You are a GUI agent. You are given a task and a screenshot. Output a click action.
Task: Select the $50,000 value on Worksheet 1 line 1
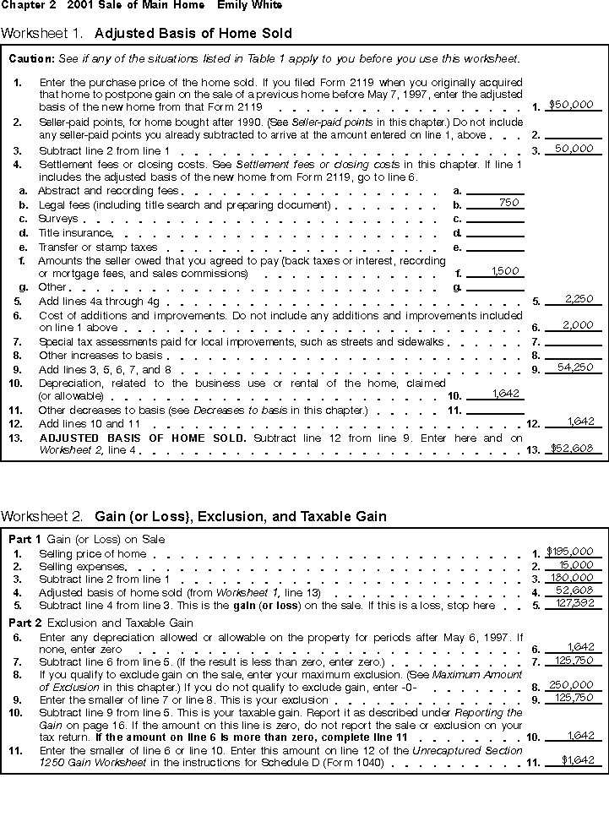(x=572, y=106)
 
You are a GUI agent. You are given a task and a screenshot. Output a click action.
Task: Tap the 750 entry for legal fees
(x=508, y=203)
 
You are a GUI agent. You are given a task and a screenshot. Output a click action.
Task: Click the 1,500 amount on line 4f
(x=505, y=272)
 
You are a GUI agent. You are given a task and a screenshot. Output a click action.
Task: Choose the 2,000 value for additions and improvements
(x=576, y=325)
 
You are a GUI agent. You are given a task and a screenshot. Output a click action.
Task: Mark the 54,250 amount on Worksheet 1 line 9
(x=575, y=367)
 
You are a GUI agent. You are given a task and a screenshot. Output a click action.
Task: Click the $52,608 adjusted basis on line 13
(x=572, y=449)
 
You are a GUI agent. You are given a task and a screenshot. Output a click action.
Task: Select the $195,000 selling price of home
(x=572, y=552)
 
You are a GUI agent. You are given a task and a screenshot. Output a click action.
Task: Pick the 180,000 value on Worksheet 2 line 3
(x=574, y=579)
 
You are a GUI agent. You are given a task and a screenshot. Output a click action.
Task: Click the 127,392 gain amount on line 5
(x=574, y=605)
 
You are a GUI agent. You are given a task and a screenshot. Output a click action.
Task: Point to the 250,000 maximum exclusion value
(x=574, y=685)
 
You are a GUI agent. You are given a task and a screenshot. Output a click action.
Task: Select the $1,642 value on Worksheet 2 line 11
(x=579, y=760)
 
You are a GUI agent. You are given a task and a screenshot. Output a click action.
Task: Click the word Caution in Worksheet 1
(x=31, y=60)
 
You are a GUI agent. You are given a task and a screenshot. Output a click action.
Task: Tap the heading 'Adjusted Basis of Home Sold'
(x=193, y=34)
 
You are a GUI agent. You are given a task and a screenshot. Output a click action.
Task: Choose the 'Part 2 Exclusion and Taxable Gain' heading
(x=101, y=623)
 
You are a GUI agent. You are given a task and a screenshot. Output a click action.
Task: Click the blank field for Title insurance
(x=495, y=232)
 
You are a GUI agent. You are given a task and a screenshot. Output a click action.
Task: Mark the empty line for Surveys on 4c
(x=495, y=219)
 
